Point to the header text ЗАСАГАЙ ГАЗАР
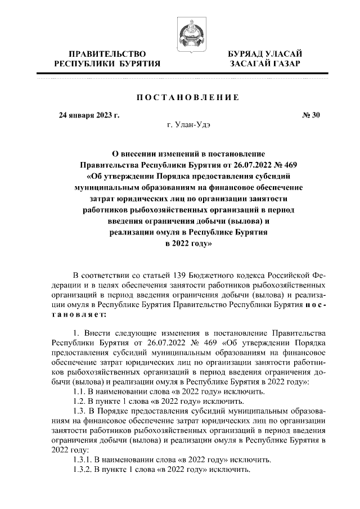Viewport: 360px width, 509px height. click(x=264, y=64)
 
